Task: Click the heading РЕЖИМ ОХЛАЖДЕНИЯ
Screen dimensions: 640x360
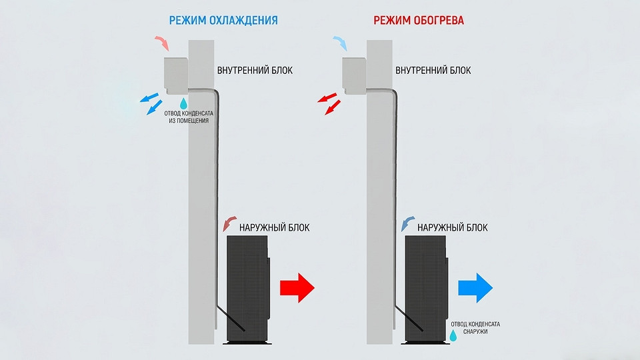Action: pyautogui.click(x=223, y=21)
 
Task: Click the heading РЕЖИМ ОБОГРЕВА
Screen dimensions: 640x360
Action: pyautogui.click(x=419, y=21)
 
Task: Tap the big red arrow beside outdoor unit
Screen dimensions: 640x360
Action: pyautogui.click(x=297, y=288)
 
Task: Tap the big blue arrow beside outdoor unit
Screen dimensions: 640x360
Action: pyautogui.click(x=475, y=288)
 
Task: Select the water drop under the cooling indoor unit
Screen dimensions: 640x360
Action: pyautogui.click(x=184, y=103)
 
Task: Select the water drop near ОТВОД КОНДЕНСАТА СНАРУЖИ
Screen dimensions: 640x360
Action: pyautogui.click(x=453, y=336)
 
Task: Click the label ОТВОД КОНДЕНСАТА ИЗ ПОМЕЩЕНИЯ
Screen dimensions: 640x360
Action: pyautogui.click(x=189, y=117)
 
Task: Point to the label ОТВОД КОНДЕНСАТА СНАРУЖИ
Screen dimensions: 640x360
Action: pyautogui.click(x=475, y=328)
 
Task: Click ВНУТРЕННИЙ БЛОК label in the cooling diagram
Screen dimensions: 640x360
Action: pyautogui.click(x=255, y=70)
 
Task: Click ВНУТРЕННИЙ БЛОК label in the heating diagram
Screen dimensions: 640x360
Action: pyautogui.click(x=433, y=70)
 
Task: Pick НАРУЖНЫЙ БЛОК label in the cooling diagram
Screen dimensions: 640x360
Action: pyautogui.click(x=274, y=227)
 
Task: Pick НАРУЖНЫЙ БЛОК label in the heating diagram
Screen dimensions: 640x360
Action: pyautogui.click(x=452, y=227)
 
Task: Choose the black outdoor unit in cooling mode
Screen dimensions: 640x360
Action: pyautogui.click(x=248, y=289)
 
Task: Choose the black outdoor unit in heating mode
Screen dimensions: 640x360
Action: pyautogui.click(x=426, y=289)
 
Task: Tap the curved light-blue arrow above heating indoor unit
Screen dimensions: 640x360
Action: pyautogui.click(x=341, y=43)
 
